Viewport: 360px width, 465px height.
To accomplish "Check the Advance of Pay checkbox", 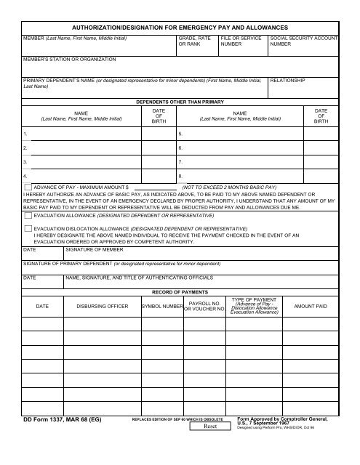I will point(28,187).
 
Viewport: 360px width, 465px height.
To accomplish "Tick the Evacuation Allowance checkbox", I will point(28,216).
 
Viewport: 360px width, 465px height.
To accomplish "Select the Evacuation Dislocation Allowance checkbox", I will point(28,227).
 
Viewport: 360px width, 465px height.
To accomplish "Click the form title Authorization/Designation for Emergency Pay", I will point(180,25).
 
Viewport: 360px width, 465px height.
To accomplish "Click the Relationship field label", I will point(288,80).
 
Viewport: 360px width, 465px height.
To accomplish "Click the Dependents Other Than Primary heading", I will point(180,102).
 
